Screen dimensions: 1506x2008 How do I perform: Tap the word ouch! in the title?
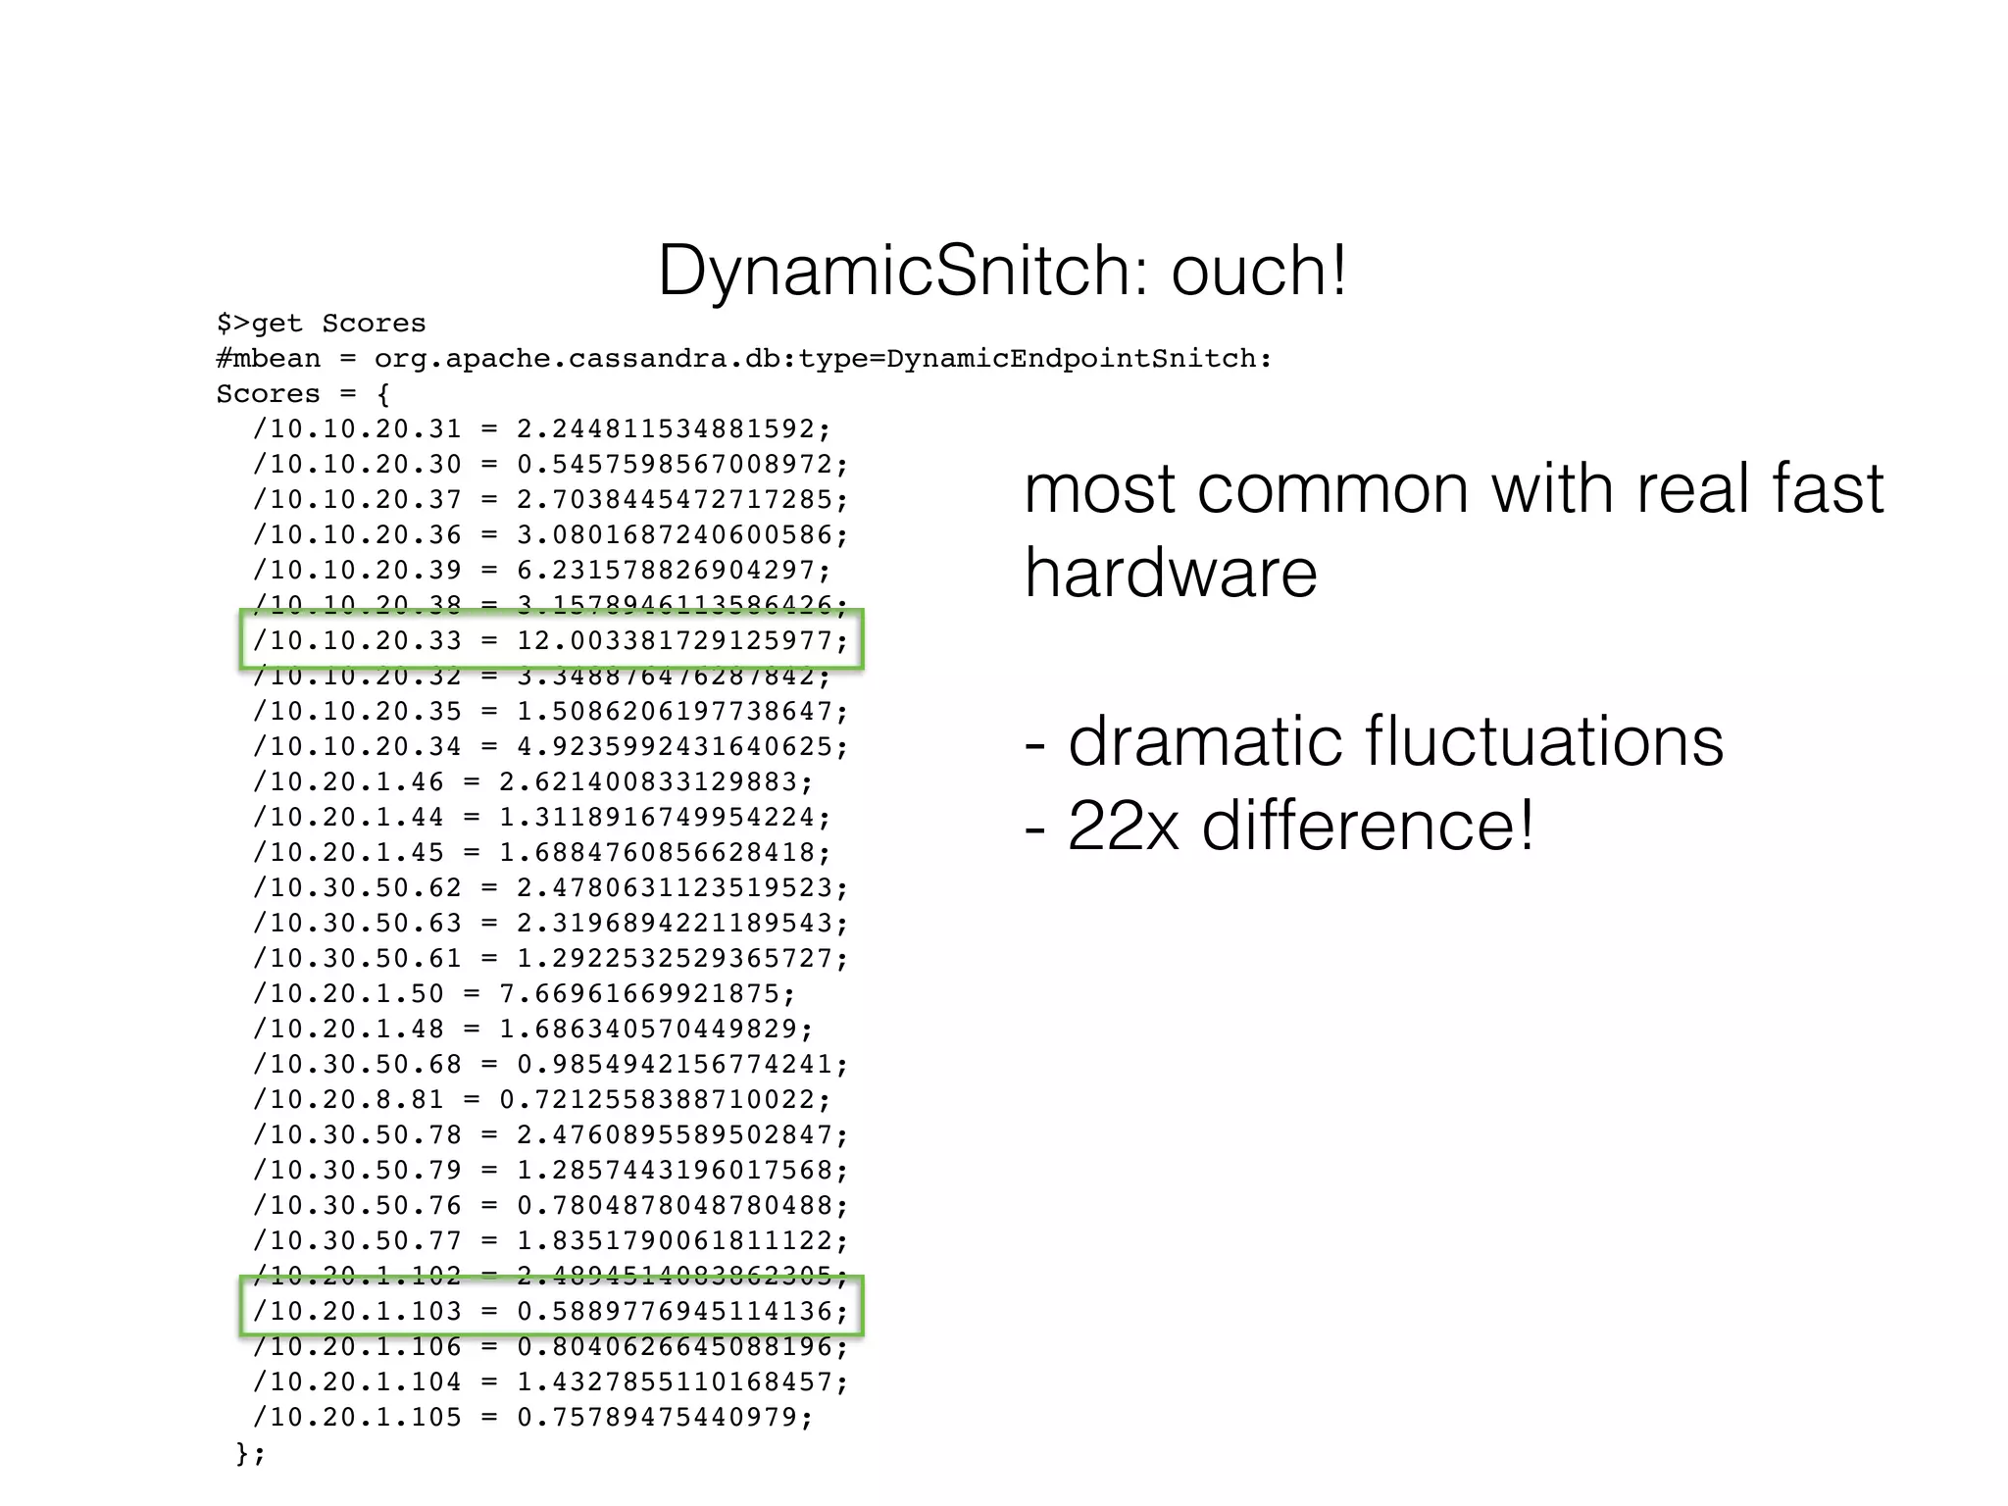pos(1260,272)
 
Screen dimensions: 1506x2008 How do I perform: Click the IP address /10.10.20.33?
pos(357,641)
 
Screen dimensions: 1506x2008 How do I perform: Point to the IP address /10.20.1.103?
pos(357,1312)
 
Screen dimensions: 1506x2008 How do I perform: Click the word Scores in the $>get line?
pos(374,324)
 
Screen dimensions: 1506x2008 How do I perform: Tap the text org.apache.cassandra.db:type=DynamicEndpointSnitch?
pos(823,359)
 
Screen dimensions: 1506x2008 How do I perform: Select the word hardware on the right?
pos(1171,573)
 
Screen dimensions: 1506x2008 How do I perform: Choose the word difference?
pos(1368,826)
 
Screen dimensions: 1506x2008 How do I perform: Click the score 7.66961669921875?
pos(646,994)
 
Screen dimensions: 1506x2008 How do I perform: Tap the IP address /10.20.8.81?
pos(348,1100)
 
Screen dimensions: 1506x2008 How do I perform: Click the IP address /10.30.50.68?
pos(357,1065)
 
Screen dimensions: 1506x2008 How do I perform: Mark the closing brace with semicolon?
pos(250,1453)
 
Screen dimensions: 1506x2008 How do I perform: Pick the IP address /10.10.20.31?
pos(357,429)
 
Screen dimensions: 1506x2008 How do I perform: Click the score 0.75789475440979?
pos(664,1418)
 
